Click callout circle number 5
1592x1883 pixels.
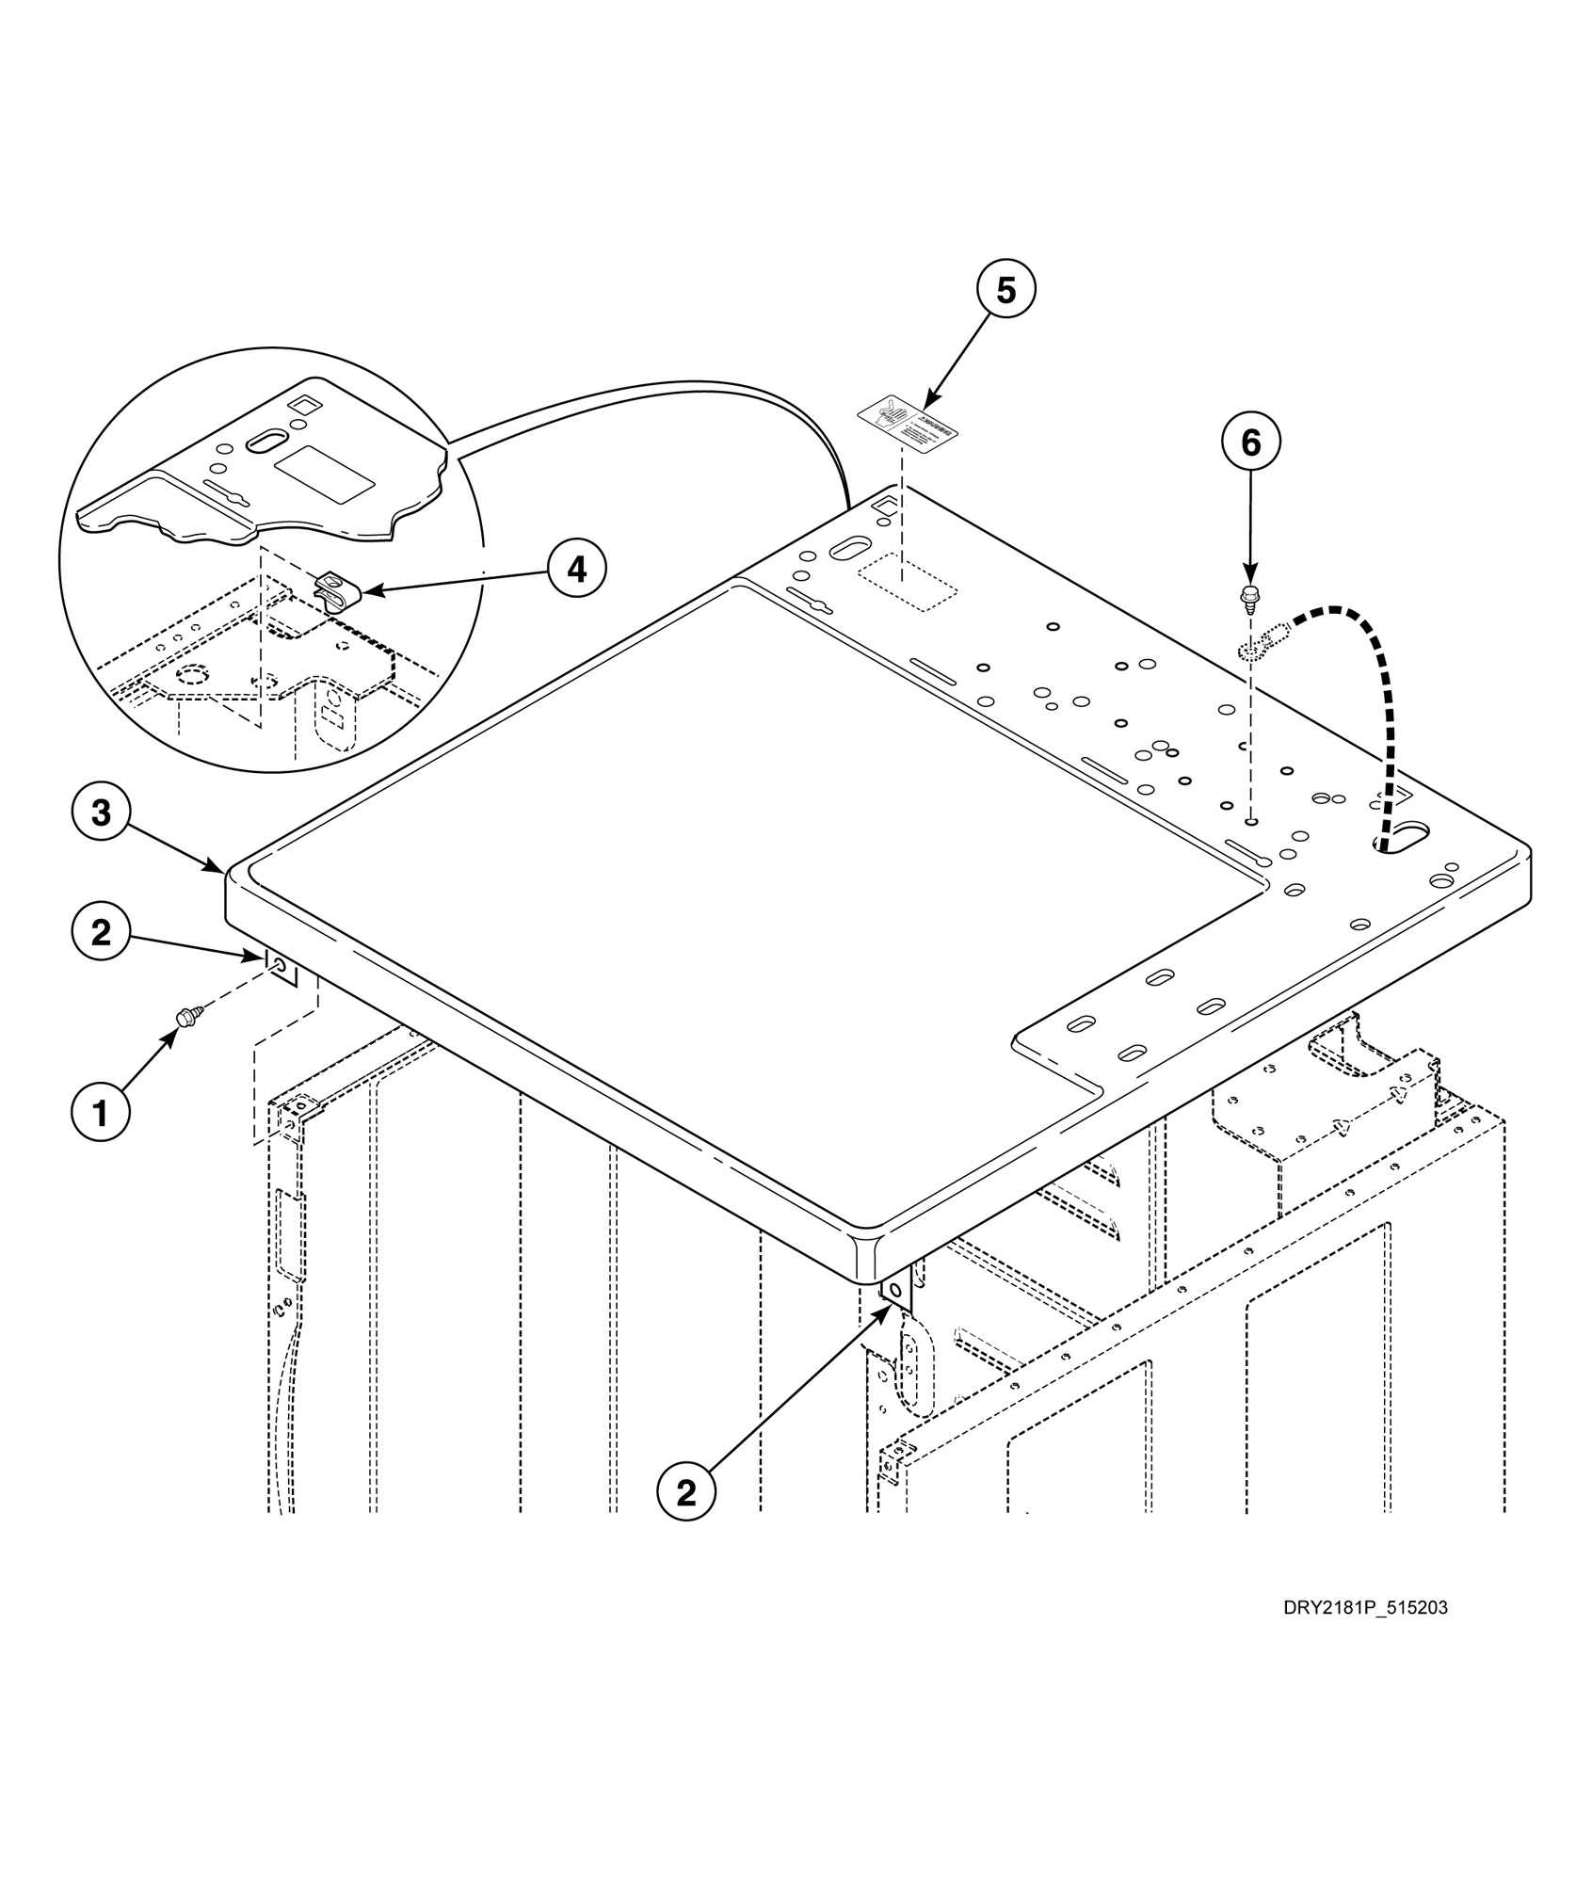[x=1005, y=291]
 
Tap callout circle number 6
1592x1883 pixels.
[x=1250, y=443]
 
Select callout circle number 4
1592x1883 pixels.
[x=577, y=569]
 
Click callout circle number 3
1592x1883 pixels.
[x=100, y=813]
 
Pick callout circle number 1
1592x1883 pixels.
[x=100, y=1113]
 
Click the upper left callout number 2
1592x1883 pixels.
[x=100, y=932]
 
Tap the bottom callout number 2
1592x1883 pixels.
[x=686, y=1491]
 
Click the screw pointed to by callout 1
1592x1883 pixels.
[x=186, y=1015]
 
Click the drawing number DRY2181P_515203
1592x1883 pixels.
[x=1364, y=1607]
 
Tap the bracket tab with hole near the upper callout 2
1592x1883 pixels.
[x=281, y=966]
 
